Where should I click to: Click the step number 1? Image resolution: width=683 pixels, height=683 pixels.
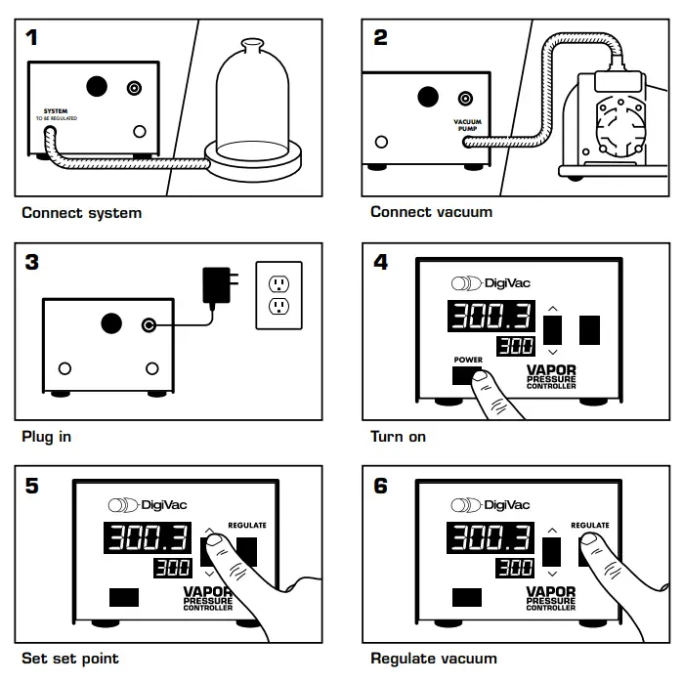(x=33, y=38)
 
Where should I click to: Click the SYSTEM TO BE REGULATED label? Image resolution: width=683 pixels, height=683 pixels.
(x=56, y=114)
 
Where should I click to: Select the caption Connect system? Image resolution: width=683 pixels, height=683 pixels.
(x=81, y=212)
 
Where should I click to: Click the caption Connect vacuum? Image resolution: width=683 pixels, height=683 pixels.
(x=431, y=212)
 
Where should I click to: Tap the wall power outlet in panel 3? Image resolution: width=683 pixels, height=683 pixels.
(x=278, y=294)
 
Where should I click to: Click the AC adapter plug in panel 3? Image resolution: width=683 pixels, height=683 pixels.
(x=215, y=285)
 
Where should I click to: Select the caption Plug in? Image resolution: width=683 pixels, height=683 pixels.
(x=46, y=436)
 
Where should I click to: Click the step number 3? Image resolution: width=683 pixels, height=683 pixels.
(x=33, y=262)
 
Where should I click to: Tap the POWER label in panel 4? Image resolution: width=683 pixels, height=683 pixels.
(x=468, y=360)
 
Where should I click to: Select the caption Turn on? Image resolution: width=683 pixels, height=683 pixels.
(x=398, y=436)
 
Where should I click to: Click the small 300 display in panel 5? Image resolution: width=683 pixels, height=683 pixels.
(x=170, y=569)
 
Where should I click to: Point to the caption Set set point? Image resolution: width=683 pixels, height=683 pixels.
(x=69, y=659)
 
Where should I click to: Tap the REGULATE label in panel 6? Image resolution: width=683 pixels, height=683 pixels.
(x=590, y=526)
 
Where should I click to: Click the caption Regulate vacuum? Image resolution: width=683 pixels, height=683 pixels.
(x=434, y=659)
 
